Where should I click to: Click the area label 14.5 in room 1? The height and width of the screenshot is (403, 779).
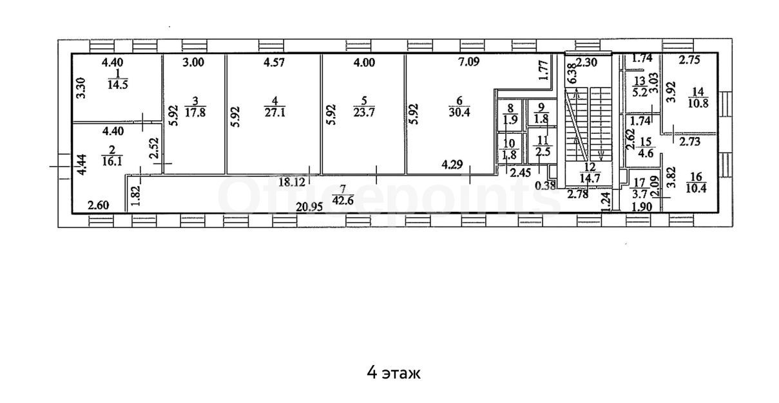click(x=117, y=85)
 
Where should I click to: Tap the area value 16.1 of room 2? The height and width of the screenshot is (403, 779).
click(x=112, y=161)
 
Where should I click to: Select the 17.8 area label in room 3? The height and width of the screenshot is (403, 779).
click(x=195, y=113)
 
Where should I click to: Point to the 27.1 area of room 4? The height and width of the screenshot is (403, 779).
click(x=274, y=113)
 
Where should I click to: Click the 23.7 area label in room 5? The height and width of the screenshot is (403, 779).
click(x=364, y=113)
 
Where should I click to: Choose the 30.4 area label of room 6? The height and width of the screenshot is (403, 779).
click(x=459, y=113)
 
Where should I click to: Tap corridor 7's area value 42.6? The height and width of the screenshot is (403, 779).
click(x=343, y=201)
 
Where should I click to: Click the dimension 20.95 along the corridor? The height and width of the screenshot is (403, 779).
click(x=309, y=207)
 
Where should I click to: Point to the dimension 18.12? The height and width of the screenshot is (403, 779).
click(x=291, y=182)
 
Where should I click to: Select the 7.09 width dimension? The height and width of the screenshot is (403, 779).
click(x=469, y=62)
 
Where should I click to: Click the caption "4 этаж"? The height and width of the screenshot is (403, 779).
click(x=394, y=373)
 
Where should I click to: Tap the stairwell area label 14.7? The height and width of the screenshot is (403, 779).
click(x=590, y=178)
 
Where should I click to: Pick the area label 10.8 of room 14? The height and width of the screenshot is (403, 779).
click(x=698, y=103)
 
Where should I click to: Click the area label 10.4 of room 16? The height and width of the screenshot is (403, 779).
click(x=696, y=188)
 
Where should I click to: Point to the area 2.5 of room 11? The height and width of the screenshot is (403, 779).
click(x=543, y=152)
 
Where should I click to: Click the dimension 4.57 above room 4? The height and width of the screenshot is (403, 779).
click(x=274, y=62)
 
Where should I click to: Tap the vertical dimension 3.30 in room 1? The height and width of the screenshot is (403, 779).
click(x=81, y=88)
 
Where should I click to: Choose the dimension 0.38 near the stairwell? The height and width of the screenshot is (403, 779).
click(x=545, y=186)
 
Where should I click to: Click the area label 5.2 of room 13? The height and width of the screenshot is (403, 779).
click(x=640, y=93)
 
